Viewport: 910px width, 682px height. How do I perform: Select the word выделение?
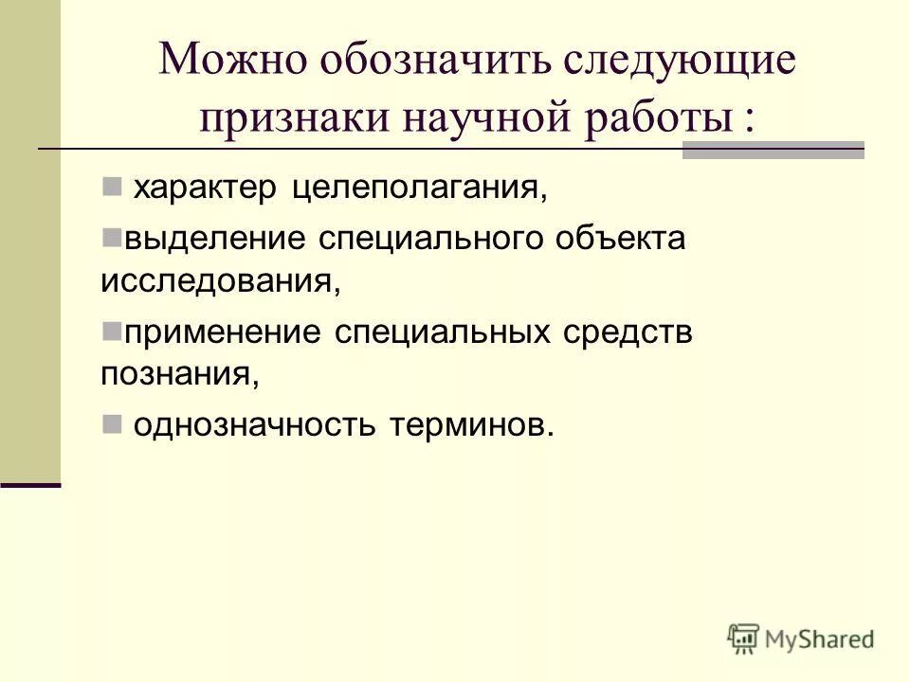210,239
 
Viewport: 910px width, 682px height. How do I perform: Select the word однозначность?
255,425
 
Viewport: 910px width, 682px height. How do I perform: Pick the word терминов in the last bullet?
469,425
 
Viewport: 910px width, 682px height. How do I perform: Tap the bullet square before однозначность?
111,422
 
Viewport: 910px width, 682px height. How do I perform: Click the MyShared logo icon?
743,637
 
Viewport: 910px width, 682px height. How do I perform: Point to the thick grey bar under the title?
773,151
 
